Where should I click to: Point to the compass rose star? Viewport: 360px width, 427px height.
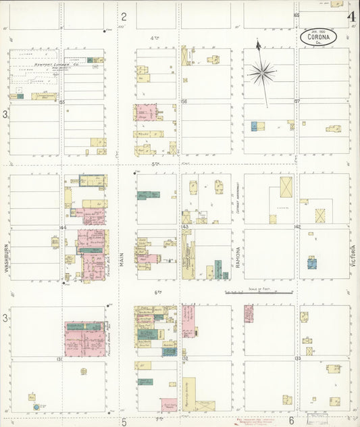click(x=261, y=70)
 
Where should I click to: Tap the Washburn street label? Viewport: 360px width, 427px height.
click(x=5, y=257)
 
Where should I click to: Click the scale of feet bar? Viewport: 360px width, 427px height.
click(x=258, y=293)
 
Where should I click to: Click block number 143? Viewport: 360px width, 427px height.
click(x=185, y=228)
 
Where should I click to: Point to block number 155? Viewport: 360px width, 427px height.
click(x=61, y=102)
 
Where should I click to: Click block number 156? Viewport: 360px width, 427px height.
click(x=184, y=102)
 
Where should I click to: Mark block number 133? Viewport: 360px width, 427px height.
click(x=297, y=358)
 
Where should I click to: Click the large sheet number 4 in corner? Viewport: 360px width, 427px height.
click(x=351, y=16)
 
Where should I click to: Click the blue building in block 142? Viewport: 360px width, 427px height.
click(x=311, y=263)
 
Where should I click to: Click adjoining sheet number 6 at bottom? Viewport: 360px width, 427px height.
click(x=291, y=420)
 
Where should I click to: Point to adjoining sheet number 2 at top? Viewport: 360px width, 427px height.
click(x=124, y=16)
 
